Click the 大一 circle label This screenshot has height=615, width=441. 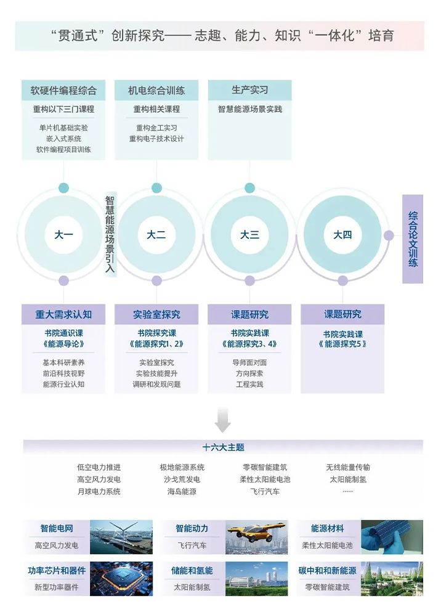tap(63, 235)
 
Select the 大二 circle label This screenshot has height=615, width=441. tap(156, 235)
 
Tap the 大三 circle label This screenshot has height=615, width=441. tap(249, 235)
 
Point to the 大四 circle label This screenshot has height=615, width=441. tap(342, 235)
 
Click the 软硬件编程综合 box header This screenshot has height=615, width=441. tap(63, 91)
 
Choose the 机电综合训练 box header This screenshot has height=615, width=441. tap(156, 91)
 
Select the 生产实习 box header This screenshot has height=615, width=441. tap(249, 90)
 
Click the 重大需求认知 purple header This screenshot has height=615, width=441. tap(63, 314)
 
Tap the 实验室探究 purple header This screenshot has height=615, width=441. tap(156, 314)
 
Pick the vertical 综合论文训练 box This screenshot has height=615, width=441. tap(413, 238)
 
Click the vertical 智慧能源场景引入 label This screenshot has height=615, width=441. tap(110, 234)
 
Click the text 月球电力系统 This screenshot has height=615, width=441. tap(99, 492)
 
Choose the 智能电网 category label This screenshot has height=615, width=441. tap(57, 529)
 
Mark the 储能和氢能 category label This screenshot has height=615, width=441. tap(192, 571)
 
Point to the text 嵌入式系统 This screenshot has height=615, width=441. tap(63, 139)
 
